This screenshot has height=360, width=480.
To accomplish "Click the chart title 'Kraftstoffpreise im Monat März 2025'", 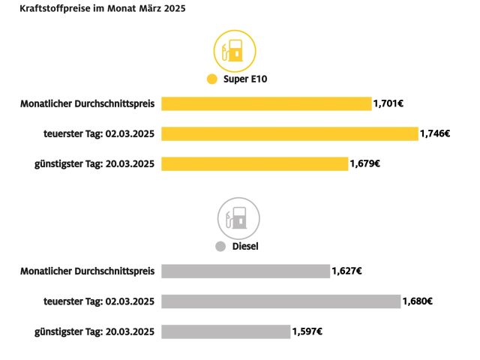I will pyautogui.click(x=103, y=10).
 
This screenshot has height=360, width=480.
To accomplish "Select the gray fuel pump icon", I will pyautogui.click(x=238, y=218).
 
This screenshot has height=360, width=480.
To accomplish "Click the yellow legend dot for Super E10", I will pyautogui.click(x=211, y=79).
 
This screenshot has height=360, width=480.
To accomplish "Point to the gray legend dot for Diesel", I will pyautogui.click(x=220, y=246).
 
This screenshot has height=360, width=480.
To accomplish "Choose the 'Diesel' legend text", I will pyautogui.click(x=245, y=246).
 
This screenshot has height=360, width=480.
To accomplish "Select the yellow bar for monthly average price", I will pyautogui.click(x=266, y=103).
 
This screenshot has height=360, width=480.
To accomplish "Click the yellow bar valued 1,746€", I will pyautogui.click(x=289, y=133).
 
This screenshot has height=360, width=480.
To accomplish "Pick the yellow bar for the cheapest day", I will pyautogui.click(x=255, y=163).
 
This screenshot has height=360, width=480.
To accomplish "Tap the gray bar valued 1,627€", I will pyautogui.click(x=245, y=271).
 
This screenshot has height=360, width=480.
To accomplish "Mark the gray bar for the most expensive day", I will pyautogui.click(x=280, y=301).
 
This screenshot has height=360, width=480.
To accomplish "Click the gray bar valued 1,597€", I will pyautogui.click(x=226, y=331).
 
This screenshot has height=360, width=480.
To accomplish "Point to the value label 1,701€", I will pyautogui.click(x=388, y=103).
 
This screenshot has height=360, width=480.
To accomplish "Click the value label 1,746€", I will pyautogui.click(x=435, y=133).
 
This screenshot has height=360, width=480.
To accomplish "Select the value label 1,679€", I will pyautogui.click(x=365, y=163).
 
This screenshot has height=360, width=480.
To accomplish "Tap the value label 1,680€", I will pyautogui.click(x=418, y=301).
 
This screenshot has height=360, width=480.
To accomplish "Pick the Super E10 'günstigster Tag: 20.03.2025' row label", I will pyautogui.click(x=94, y=163).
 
